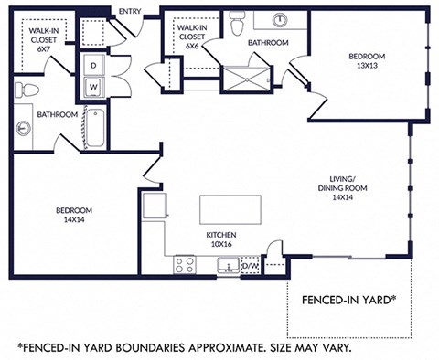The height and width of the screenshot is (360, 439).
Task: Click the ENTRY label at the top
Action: [130, 11]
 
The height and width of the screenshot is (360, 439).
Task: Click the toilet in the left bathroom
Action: [26, 90]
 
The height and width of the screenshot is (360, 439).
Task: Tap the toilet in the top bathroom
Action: [238, 20]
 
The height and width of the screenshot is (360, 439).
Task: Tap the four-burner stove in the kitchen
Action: [184, 265]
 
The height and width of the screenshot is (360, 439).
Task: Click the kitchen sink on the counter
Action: [229, 266]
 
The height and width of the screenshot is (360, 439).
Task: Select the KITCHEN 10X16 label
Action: [222, 239]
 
